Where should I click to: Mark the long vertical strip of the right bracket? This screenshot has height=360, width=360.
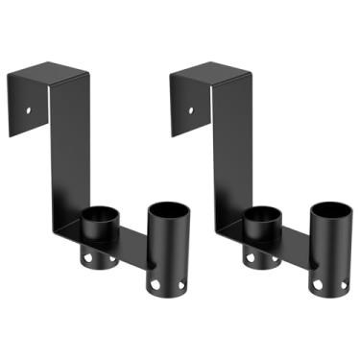[225, 154]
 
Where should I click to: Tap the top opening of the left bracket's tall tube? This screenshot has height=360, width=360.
[165, 209]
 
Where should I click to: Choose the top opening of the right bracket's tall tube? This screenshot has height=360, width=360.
[328, 209]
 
